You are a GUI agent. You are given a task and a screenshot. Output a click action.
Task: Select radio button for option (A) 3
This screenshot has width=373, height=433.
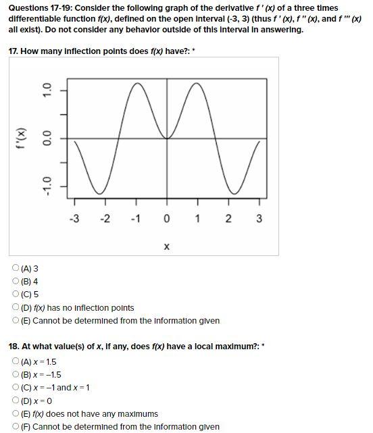(16, 268)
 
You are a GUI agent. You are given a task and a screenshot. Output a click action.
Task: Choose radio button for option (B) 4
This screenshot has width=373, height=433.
(16, 281)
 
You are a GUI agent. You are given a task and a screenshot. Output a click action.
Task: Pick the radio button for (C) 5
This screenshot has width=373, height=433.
(16, 295)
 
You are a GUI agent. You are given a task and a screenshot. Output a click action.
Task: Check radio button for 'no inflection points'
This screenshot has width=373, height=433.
(16, 307)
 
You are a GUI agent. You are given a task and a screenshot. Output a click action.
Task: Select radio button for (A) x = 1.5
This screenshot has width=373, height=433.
(16, 361)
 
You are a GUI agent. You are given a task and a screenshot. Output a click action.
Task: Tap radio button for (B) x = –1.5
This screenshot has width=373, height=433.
(16, 374)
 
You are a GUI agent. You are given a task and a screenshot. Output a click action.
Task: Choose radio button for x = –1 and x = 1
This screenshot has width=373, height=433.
(16, 387)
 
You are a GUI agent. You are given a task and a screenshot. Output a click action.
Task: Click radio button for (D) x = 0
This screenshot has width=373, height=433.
(16, 401)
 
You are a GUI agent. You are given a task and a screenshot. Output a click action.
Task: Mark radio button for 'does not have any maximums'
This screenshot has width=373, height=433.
(16, 413)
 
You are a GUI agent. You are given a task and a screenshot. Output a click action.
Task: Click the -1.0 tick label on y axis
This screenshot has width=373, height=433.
(47, 184)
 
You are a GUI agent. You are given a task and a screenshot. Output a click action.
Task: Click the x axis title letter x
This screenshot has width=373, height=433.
(167, 247)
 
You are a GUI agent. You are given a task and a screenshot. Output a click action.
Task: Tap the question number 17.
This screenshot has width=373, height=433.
(14, 51)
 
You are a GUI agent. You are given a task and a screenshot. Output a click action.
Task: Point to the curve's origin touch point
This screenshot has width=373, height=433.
(167, 138)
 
